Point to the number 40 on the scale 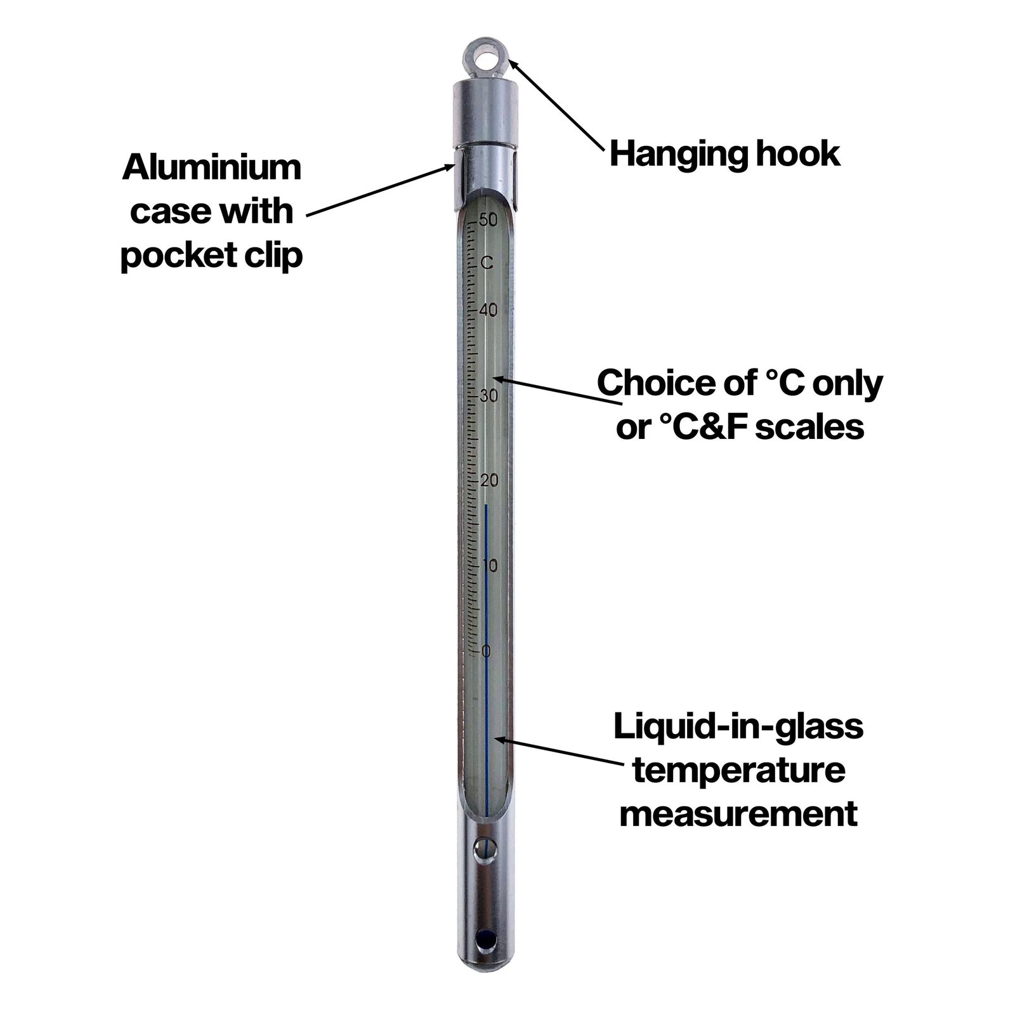(488, 311)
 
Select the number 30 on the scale (488, 396)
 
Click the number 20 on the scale (488, 481)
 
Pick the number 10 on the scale (489, 566)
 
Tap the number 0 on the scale (487, 651)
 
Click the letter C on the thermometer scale (487, 262)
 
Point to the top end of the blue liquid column (486, 505)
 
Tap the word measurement (738, 813)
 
